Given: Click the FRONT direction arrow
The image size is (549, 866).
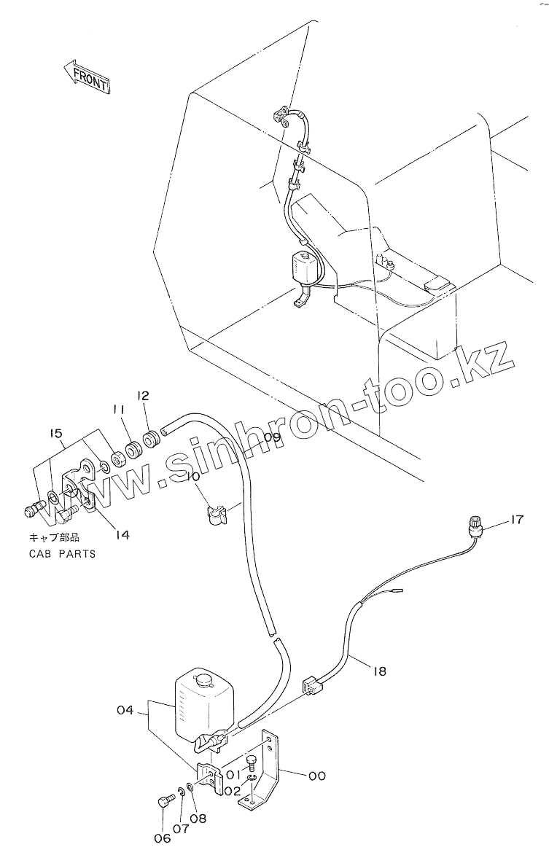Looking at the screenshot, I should pyautogui.click(x=85, y=76).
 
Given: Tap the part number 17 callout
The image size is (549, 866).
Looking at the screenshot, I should pyautogui.click(x=516, y=520).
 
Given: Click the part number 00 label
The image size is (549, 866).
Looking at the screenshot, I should pyautogui.click(x=316, y=776).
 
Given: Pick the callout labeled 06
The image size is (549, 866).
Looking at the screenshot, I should pyautogui.click(x=162, y=838).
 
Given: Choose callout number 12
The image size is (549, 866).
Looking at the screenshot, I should pyautogui.click(x=143, y=396).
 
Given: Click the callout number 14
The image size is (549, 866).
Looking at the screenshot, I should pyautogui.click(x=122, y=534).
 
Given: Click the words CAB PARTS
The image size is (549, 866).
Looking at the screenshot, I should pyautogui.click(x=62, y=553).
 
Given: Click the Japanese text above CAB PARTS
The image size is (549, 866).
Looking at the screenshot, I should pyautogui.click(x=54, y=539).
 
